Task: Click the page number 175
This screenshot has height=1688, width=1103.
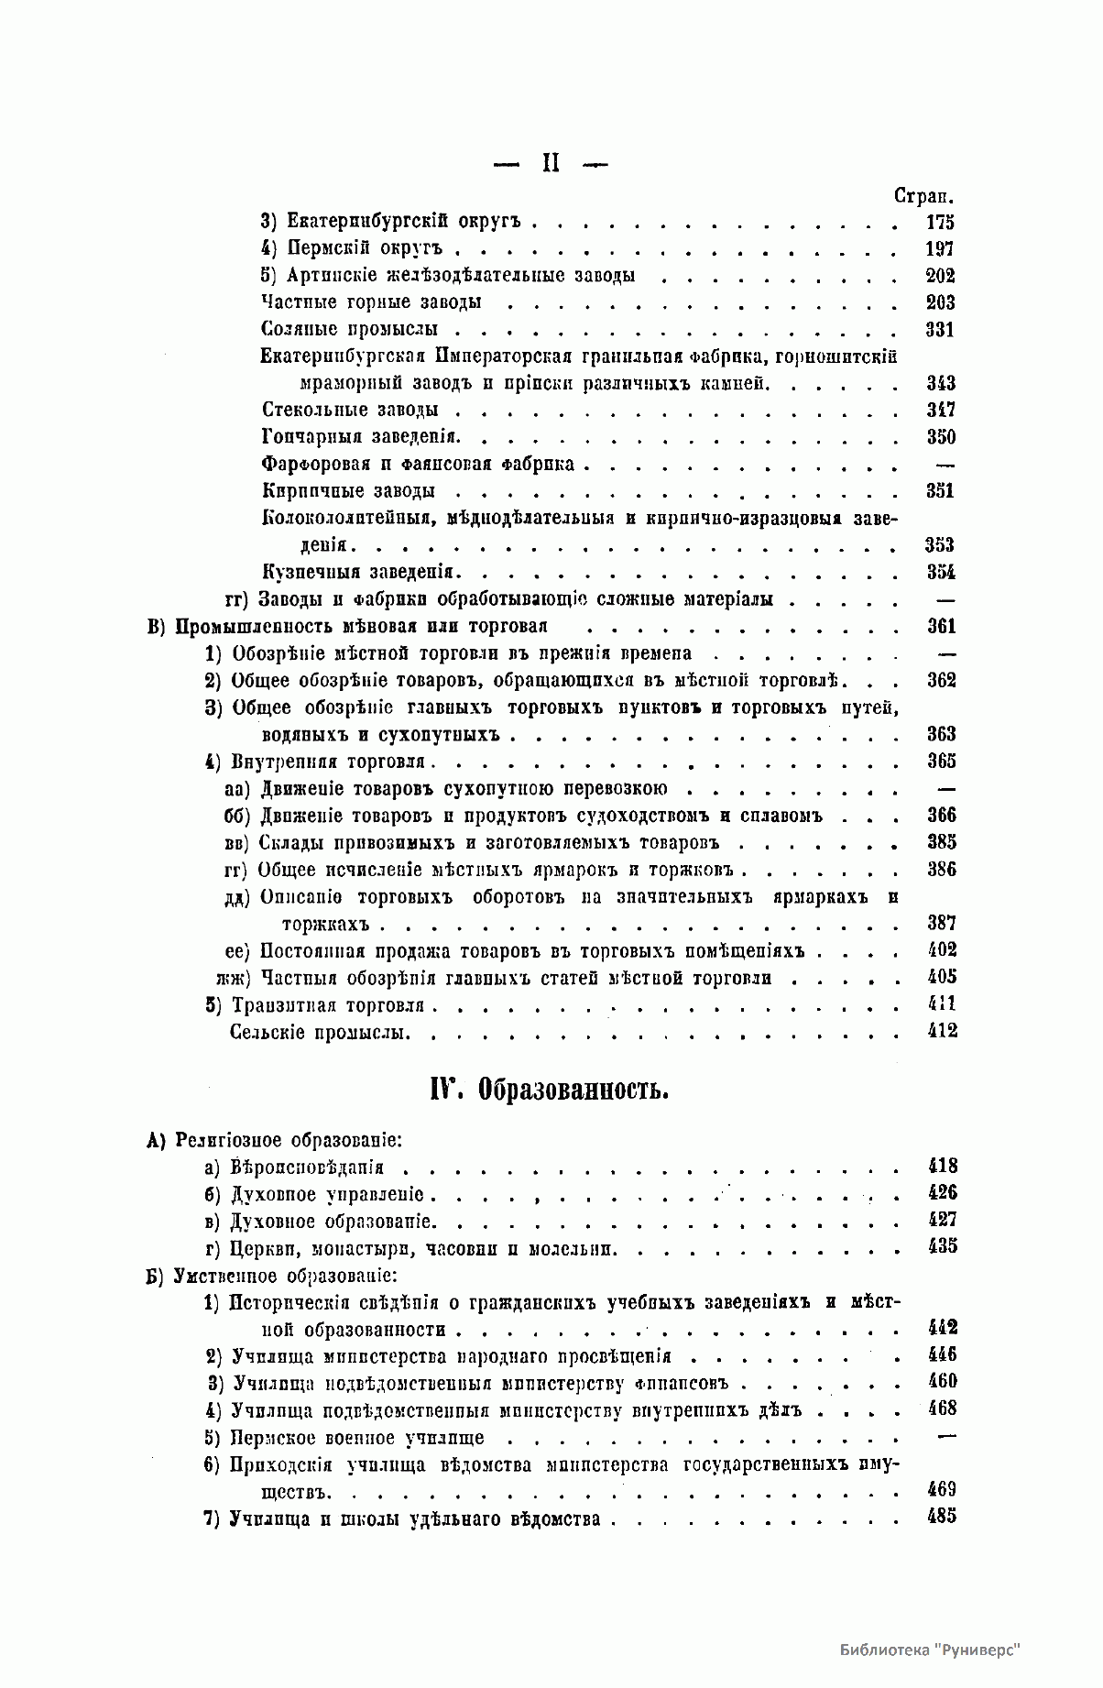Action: point(940,222)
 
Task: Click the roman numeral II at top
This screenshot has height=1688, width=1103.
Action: point(551,164)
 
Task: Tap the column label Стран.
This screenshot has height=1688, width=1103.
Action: point(924,195)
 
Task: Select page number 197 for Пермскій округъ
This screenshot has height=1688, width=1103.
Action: point(940,249)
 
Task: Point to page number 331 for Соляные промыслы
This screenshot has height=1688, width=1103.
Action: point(940,330)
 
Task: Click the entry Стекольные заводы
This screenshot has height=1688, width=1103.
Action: point(350,410)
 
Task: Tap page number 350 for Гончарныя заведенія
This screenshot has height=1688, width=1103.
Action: point(940,437)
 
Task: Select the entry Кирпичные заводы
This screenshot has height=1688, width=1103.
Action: point(348,491)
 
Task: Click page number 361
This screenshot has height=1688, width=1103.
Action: point(941,627)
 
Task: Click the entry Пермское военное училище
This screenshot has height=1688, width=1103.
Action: point(357,1438)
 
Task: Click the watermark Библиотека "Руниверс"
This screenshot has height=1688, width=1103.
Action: point(929,1650)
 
